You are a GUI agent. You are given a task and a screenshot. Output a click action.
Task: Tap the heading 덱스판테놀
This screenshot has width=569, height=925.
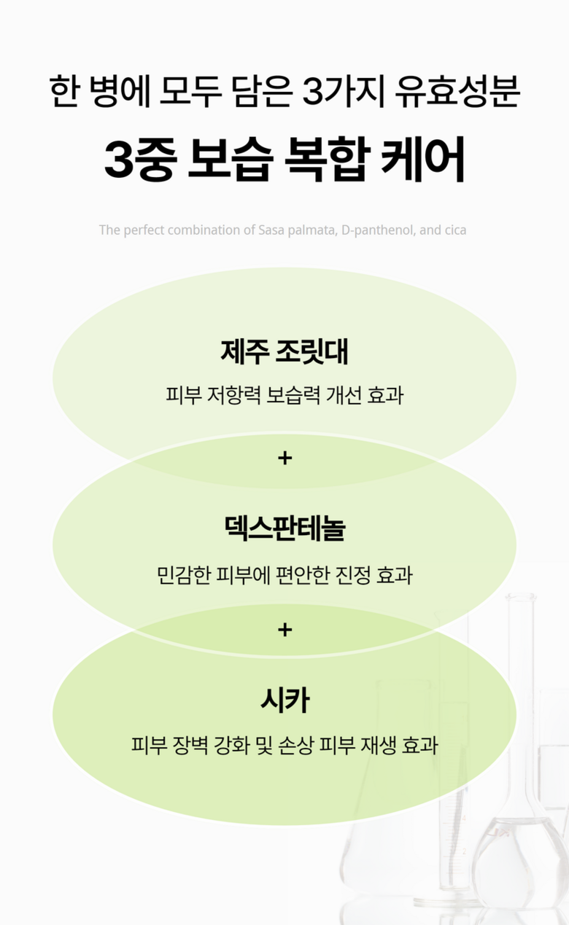284,528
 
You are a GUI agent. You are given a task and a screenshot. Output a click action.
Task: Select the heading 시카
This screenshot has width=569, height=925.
284,701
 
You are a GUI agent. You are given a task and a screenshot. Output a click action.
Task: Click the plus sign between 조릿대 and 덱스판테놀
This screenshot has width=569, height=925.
284,458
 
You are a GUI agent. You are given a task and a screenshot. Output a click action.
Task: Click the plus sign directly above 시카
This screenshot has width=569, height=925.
284,629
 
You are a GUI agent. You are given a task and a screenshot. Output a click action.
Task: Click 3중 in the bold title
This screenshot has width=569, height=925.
139,161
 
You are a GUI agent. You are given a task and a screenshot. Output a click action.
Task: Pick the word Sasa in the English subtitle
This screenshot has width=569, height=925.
272,230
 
